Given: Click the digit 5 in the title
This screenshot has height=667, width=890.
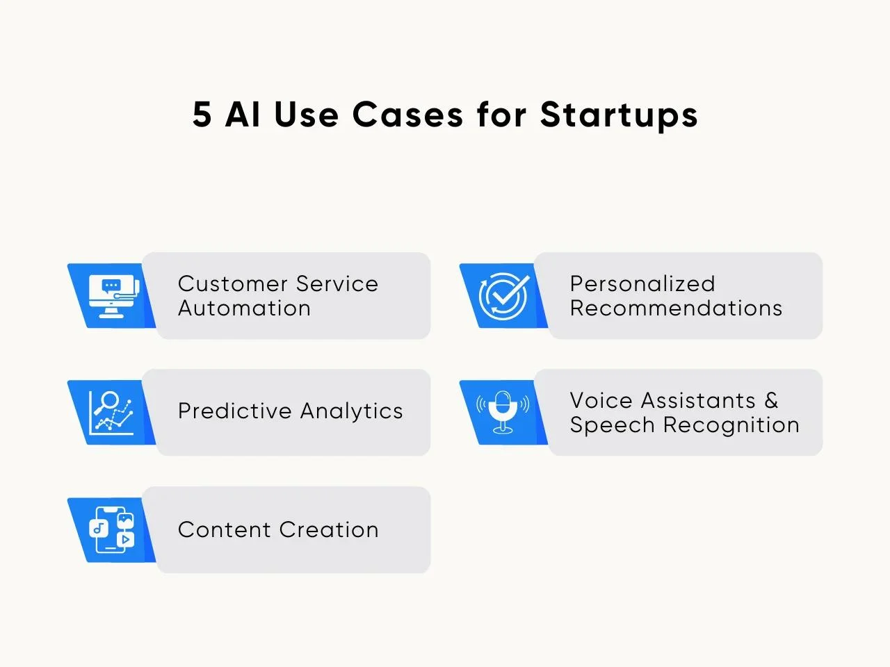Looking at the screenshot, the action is point(202,114).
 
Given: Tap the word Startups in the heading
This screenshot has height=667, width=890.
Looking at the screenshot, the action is point(619,116).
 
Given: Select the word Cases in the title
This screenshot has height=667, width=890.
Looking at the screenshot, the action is point(407,114).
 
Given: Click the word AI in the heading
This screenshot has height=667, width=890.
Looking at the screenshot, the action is point(243,114).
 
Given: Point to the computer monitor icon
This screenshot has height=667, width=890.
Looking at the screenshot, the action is point(113,296).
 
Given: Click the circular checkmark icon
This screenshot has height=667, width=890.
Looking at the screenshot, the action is point(503,296).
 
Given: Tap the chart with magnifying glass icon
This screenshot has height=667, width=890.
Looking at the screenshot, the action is point(111,413).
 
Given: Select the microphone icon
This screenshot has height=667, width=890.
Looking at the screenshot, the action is point(503,412).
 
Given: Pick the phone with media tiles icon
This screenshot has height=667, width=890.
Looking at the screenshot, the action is point(111,529).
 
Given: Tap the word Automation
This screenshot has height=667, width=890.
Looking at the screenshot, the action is point(245,308).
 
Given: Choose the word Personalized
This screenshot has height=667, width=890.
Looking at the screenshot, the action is point(642,283).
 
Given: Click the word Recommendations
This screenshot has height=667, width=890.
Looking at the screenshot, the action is point(676,308).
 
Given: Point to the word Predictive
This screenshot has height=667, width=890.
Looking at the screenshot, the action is point(235,411).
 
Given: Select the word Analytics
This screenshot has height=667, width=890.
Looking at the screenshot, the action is point(352,412).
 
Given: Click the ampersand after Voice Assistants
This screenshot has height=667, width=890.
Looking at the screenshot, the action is point(771,400).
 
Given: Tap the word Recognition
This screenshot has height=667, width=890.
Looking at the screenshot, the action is point(731,426).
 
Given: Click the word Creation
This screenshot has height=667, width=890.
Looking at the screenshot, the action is point(329,529).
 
